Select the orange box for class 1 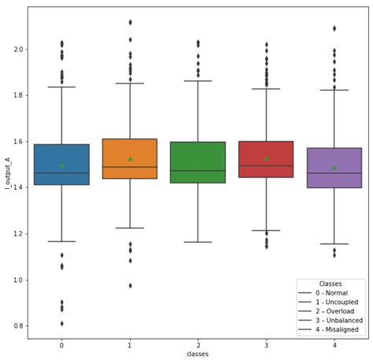[130, 169]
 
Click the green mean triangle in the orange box [130, 158]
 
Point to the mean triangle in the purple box [334, 167]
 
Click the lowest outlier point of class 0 [61, 324]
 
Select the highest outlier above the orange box [130, 22]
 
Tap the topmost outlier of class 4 [334, 28]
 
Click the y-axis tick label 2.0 [17, 50]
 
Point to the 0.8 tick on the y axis [17, 326]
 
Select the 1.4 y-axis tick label [17, 187]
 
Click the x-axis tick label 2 [198, 345]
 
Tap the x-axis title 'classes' [198, 354]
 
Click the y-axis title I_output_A [6, 173]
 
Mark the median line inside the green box [198, 170]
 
